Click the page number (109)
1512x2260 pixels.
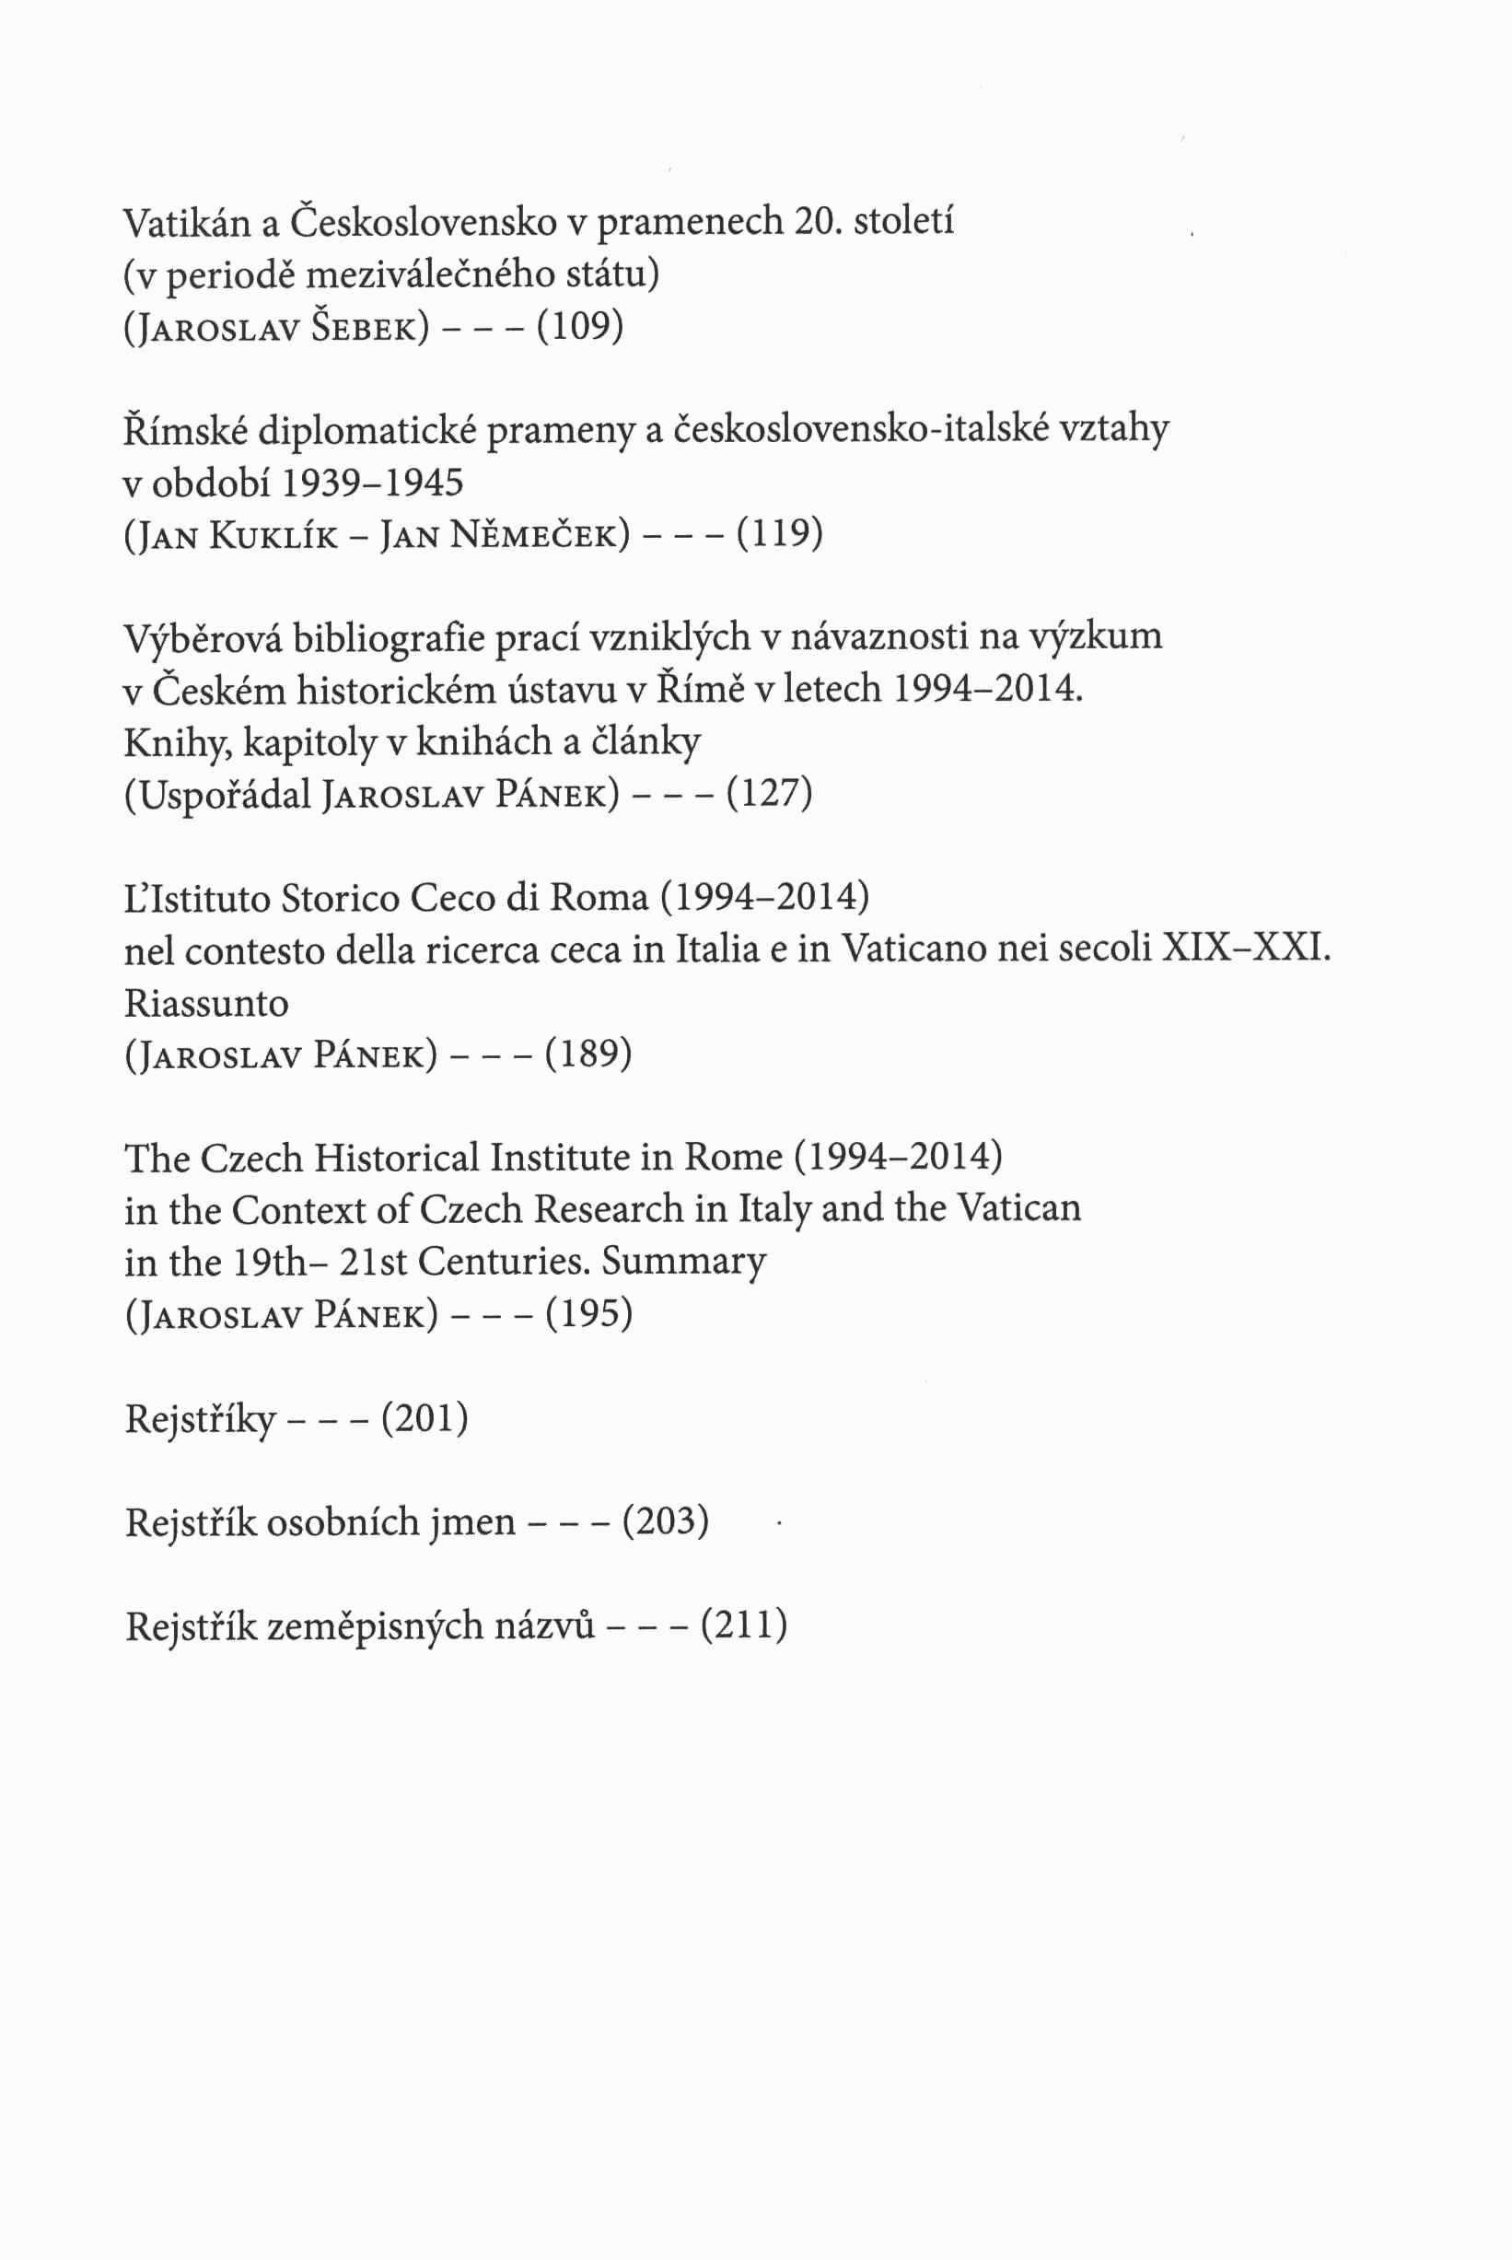click(579, 328)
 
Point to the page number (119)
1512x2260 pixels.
click(779, 533)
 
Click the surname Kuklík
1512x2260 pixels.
click(273, 535)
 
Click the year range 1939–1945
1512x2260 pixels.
click(372, 482)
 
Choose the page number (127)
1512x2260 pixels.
click(769, 794)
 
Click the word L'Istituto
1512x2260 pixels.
click(197, 899)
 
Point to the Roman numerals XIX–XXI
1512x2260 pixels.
click(1246, 950)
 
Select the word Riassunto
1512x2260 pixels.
click(206, 1004)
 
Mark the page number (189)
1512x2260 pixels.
click(588, 1054)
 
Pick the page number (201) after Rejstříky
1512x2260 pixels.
click(425, 1418)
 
